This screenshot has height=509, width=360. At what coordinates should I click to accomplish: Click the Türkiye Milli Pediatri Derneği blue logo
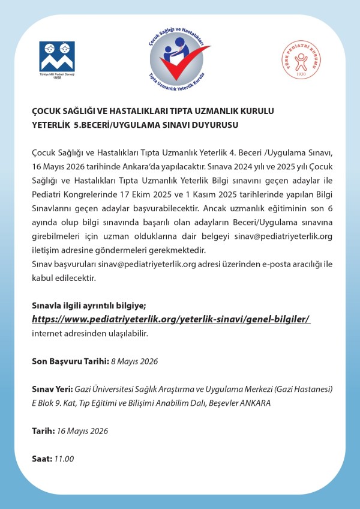click(x=57, y=57)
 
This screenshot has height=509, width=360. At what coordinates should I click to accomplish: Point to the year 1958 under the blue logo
click(x=57, y=78)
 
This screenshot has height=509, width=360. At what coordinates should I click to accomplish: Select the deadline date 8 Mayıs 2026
click(x=136, y=361)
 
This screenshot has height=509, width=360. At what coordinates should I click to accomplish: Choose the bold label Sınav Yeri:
click(x=52, y=389)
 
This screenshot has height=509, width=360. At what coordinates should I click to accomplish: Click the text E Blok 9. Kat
click(x=56, y=403)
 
